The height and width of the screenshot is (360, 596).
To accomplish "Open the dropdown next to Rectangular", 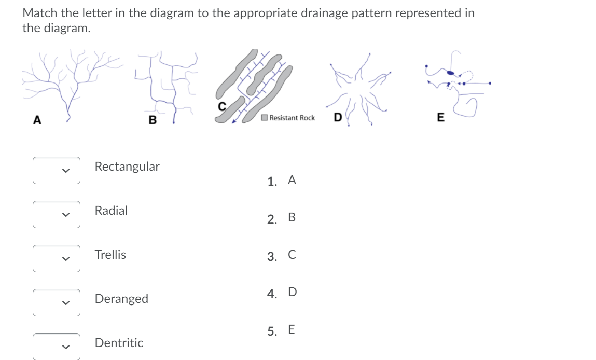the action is point(57,170).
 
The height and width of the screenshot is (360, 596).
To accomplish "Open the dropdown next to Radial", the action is point(57,214).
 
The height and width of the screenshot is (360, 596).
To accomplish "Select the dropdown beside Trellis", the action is point(57,258).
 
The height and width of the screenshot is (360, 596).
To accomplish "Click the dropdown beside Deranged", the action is point(57,302).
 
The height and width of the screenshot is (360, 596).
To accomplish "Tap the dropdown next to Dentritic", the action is point(57,346).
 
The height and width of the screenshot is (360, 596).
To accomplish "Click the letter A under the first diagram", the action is point(37,120).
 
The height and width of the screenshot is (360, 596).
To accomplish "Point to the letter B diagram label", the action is point(152,121).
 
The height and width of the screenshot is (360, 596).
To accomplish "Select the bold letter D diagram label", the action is point(337,118).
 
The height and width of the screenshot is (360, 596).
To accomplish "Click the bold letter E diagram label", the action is point(440,118).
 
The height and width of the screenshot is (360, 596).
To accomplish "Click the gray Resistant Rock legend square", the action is point(265,118).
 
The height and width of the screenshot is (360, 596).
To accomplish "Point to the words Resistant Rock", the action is point(292,118).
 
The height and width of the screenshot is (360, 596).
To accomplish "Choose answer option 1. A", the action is point(282,181).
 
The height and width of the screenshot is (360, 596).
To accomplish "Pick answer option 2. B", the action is point(282,218).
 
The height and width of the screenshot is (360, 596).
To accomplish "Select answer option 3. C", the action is point(282,256).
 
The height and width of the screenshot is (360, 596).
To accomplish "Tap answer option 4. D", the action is point(282,293).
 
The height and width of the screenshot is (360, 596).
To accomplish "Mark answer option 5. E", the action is point(282,330).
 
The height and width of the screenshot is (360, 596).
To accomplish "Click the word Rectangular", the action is point(127,167).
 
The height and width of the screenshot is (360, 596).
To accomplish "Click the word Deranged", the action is point(121,299).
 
